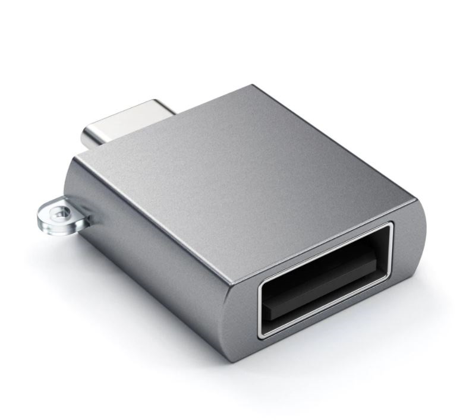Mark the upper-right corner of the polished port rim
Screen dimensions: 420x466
(x=389, y=226)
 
